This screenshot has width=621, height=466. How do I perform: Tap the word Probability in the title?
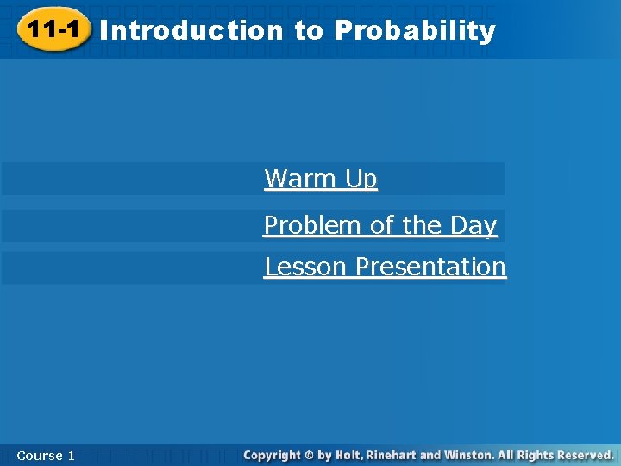415,31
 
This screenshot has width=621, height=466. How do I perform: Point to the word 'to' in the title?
308,31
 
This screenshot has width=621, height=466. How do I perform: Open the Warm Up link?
321,179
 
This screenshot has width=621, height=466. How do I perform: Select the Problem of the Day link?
380,225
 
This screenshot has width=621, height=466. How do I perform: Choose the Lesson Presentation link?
385,267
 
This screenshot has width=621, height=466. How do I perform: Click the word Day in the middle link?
473,225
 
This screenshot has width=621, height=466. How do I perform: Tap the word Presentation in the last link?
430,267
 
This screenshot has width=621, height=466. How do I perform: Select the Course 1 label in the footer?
45,455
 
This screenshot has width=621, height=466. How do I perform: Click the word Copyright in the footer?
272,455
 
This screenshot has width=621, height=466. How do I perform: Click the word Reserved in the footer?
583,455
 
